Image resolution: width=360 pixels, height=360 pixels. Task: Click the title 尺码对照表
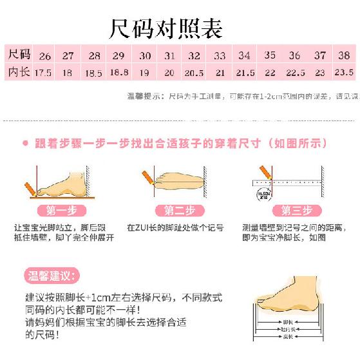pos(167,28)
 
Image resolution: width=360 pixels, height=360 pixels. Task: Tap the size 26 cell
pos(44,56)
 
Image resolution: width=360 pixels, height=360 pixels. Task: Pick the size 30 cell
pos(146,56)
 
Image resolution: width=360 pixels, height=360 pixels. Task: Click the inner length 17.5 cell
pos(43,73)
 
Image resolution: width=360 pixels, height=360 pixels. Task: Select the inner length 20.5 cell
pos(193,73)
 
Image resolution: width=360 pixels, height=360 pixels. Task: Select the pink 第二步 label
pos(175,210)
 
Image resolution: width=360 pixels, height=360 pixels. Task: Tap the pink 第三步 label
pos(296,210)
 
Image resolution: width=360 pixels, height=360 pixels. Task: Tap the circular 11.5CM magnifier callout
pos(262,193)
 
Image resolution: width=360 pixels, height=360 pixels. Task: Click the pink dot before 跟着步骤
pos(25,143)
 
